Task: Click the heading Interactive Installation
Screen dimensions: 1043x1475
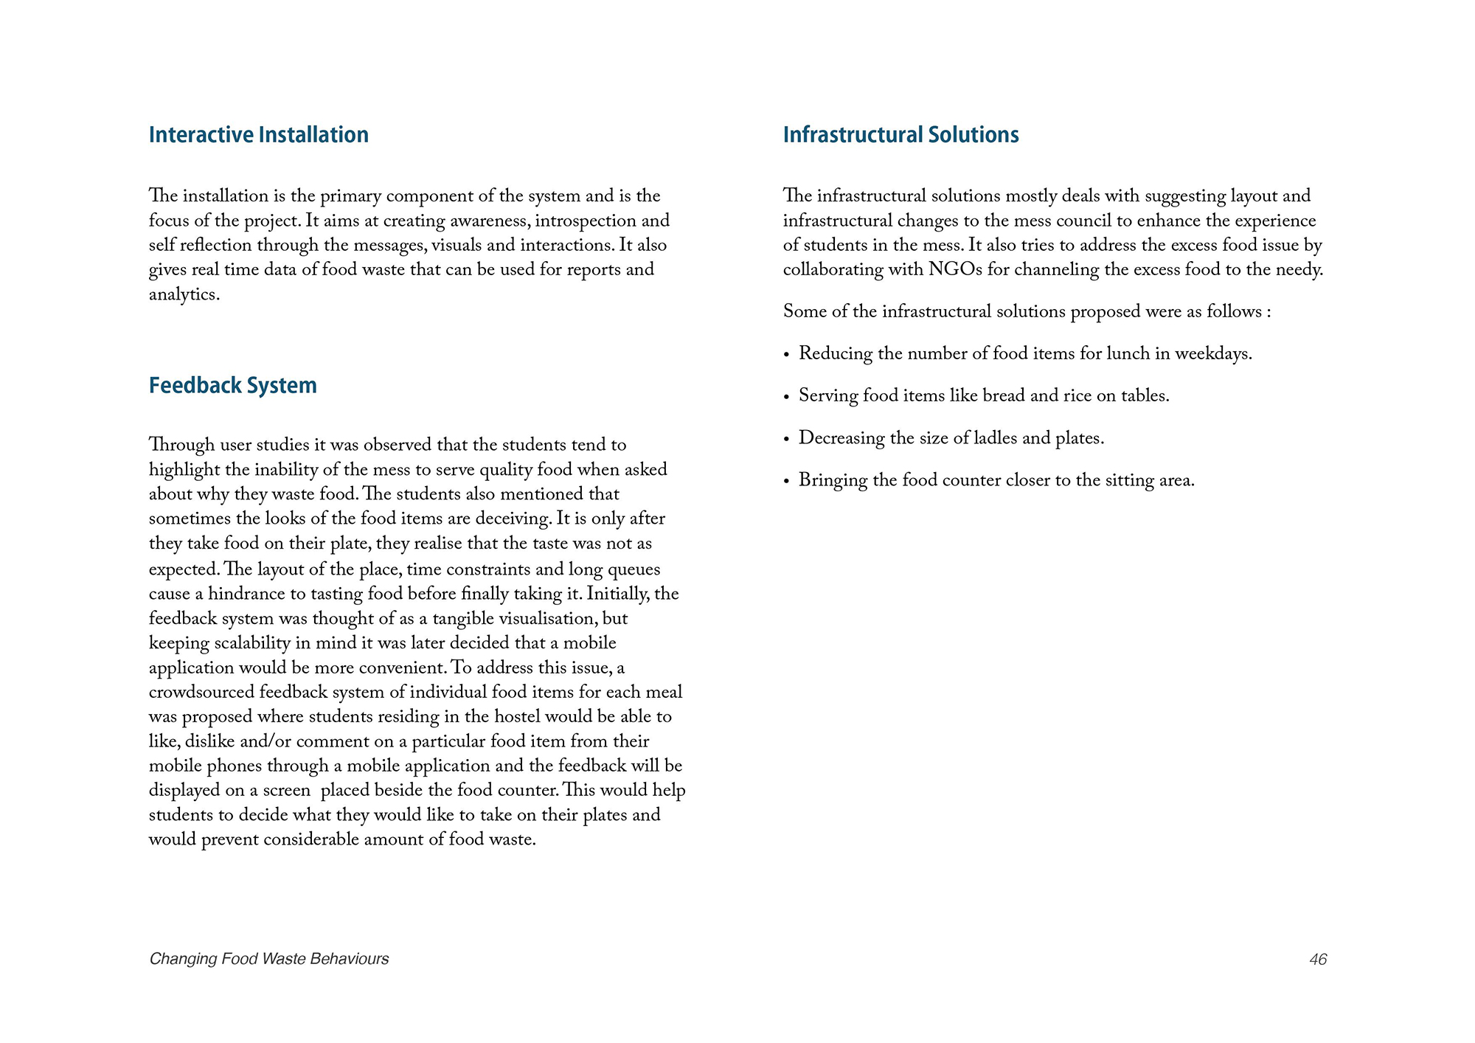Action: (258, 135)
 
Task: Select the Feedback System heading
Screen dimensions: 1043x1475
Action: (232, 386)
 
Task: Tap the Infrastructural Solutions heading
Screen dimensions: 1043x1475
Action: (900, 135)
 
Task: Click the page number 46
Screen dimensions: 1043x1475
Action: (1318, 959)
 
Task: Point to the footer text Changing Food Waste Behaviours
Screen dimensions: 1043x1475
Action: (269, 959)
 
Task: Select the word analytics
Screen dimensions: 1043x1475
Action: (184, 295)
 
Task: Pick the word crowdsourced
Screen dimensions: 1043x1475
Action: (201, 693)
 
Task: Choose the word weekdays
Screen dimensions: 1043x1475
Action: (1212, 354)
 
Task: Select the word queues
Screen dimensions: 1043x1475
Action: (634, 570)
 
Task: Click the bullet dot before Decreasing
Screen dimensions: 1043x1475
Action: (787, 440)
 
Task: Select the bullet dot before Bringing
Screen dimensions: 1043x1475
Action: (787, 482)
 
